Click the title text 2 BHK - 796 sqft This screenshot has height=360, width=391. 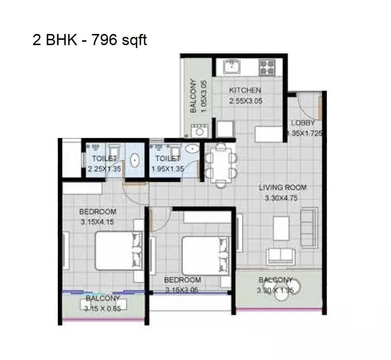[x=90, y=40]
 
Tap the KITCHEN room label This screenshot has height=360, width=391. [x=245, y=90]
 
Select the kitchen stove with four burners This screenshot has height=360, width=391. [x=267, y=67]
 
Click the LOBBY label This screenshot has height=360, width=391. [x=303, y=123]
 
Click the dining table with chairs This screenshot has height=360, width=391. [x=221, y=165]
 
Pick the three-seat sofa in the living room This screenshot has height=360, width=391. [x=309, y=228]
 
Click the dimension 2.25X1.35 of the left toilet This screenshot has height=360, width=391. [x=104, y=169]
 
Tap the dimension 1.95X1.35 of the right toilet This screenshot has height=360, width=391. [x=167, y=169]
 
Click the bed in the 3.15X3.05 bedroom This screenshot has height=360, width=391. [x=205, y=256]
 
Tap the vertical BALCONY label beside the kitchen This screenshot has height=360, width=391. [x=193, y=96]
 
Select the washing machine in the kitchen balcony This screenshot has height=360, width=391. [x=199, y=131]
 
